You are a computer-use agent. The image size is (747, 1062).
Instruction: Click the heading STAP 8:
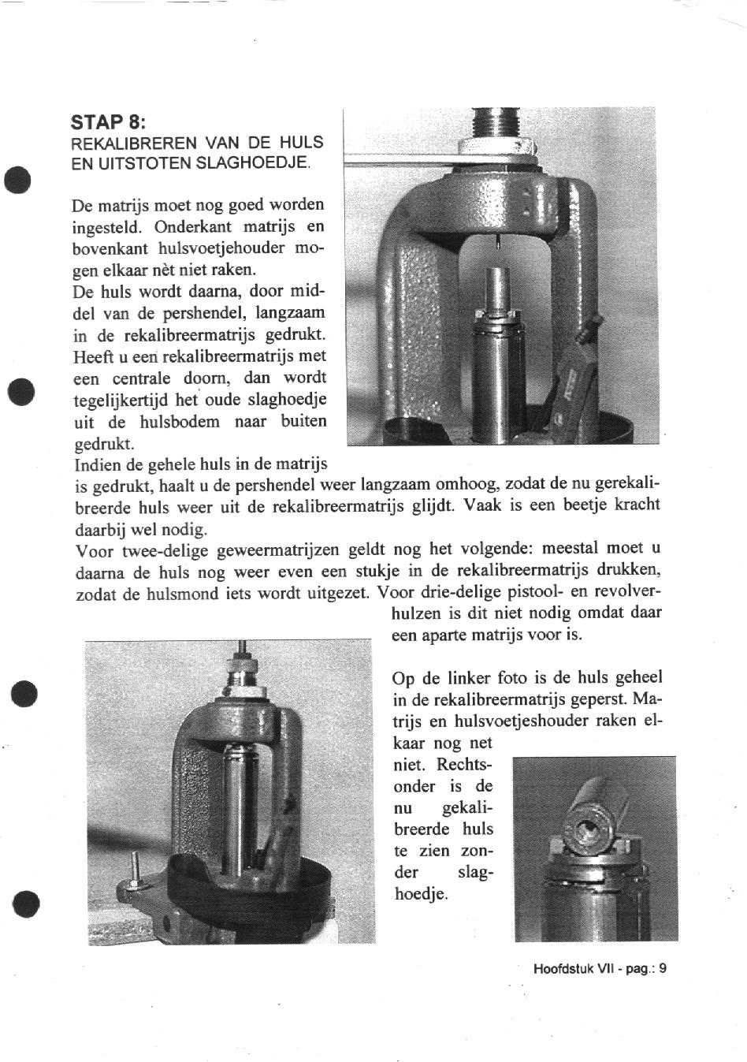click(x=108, y=122)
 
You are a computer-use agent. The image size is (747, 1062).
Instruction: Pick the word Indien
click(x=96, y=464)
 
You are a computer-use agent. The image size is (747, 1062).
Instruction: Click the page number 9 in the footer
click(x=663, y=969)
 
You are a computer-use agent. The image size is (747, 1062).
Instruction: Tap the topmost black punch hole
click(x=19, y=178)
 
